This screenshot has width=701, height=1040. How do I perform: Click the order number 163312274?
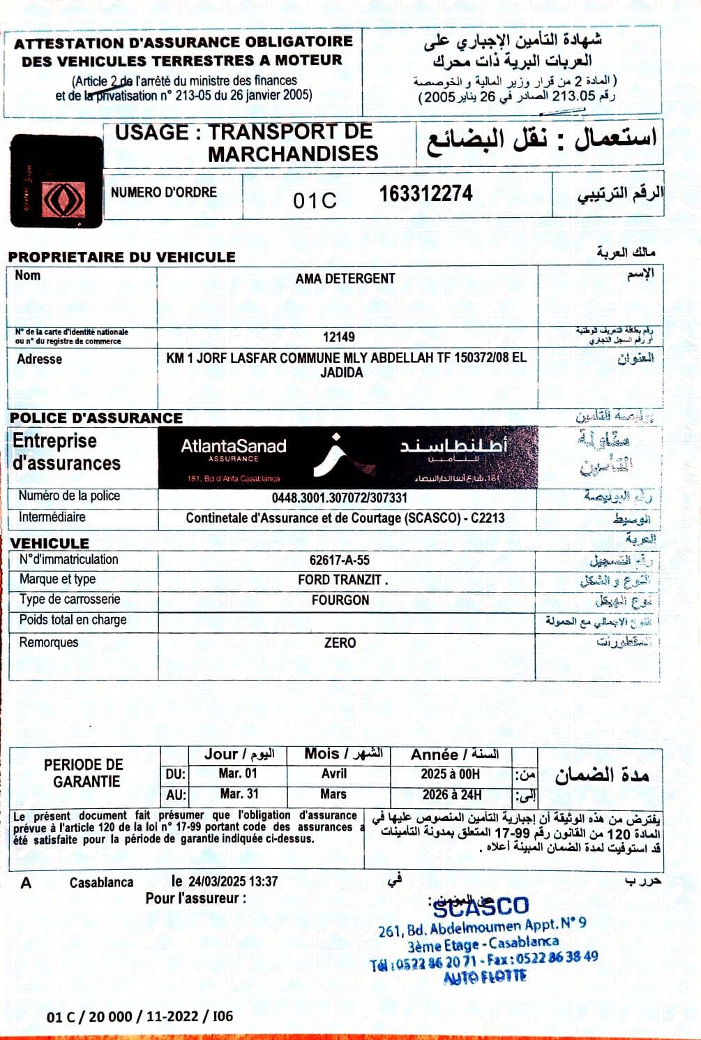pyautogui.click(x=425, y=194)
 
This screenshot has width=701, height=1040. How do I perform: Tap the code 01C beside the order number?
pyautogui.click(x=315, y=201)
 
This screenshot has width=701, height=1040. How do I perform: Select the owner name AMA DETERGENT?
pyautogui.click(x=345, y=278)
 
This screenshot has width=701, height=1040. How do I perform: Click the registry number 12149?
pyautogui.click(x=338, y=337)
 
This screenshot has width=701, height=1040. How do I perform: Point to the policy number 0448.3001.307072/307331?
pyautogui.click(x=340, y=498)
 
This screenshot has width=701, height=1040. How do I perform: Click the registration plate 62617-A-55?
pyautogui.click(x=340, y=560)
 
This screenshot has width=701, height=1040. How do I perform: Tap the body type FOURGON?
pyautogui.click(x=340, y=600)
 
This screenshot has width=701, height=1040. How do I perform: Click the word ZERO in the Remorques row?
pyautogui.click(x=340, y=643)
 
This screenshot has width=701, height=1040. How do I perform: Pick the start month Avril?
pyautogui.click(x=334, y=774)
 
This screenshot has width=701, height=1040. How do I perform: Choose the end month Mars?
pyautogui.click(x=333, y=794)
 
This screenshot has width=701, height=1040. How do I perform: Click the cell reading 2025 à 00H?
pyautogui.click(x=451, y=774)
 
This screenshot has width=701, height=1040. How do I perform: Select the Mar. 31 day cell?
pyautogui.click(x=239, y=794)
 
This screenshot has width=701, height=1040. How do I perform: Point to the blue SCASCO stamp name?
pyautogui.click(x=481, y=907)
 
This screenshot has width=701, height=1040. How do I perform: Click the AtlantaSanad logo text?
pyautogui.click(x=234, y=447)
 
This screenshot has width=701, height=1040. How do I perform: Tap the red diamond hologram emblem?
pyautogui.click(x=63, y=201)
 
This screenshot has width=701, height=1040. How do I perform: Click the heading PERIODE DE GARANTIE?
pyautogui.click(x=84, y=773)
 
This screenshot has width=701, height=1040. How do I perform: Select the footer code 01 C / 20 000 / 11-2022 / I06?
pyautogui.click(x=140, y=1016)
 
